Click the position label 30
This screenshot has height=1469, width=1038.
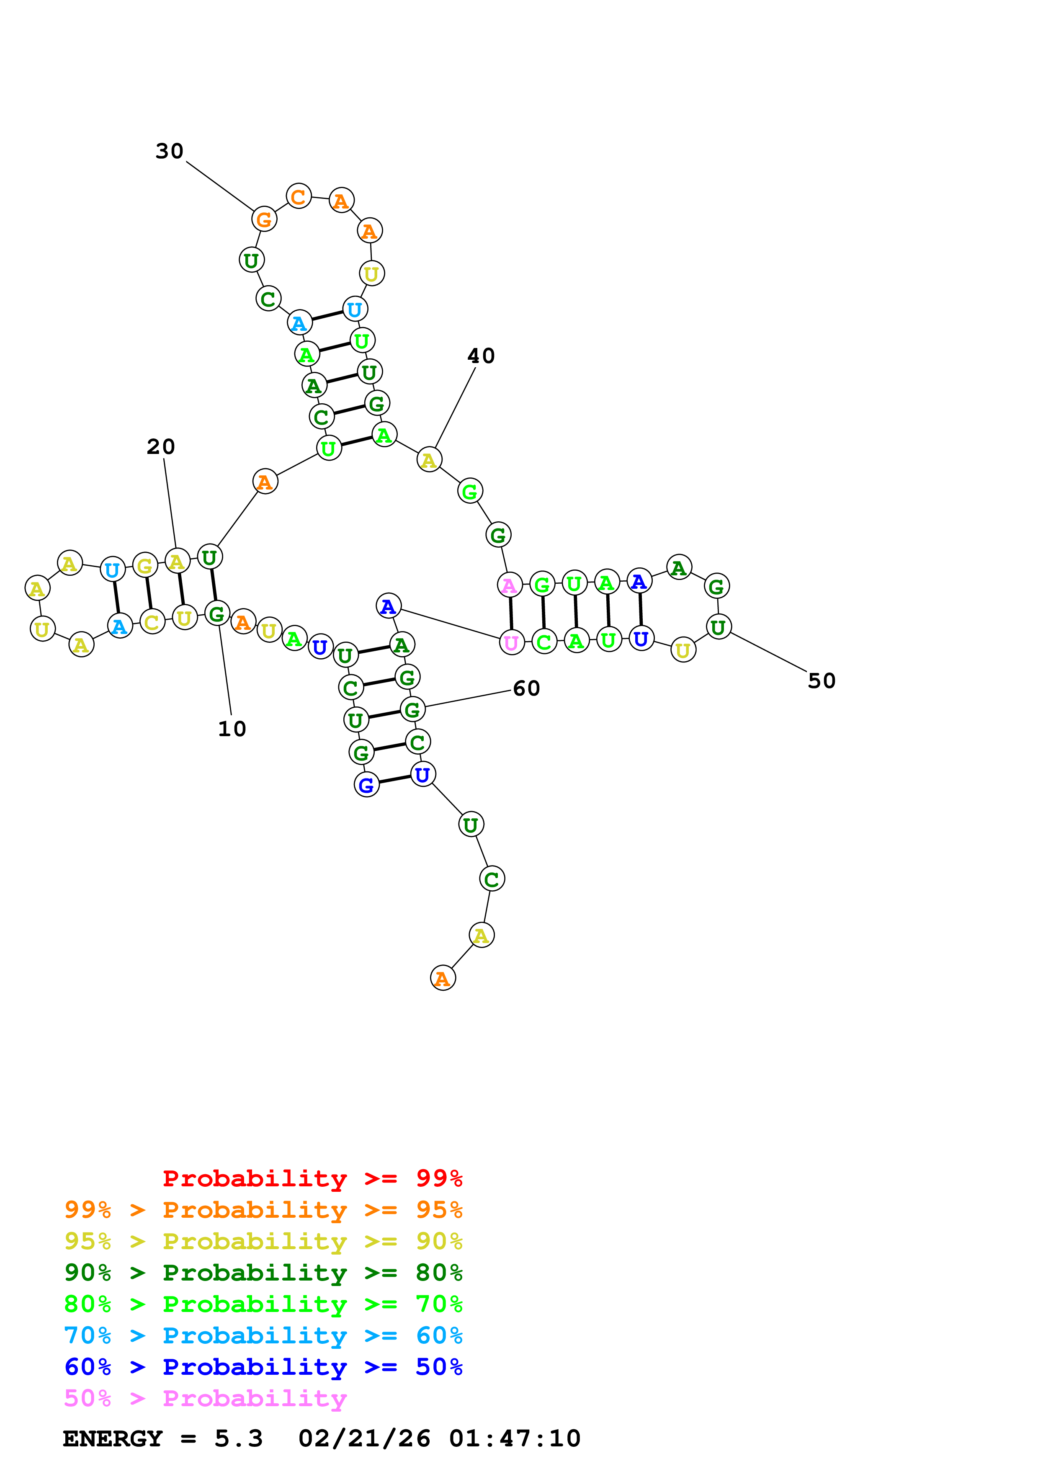pyautogui.click(x=170, y=152)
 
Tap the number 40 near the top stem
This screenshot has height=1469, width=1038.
pyautogui.click(x=481, y=356)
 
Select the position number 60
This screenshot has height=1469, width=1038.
pyautogui.click(x=526, y=688)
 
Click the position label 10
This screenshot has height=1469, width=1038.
pyautogui.click(x=232, y=729)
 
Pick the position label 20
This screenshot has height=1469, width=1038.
pyautogui.click(x=160, y=446)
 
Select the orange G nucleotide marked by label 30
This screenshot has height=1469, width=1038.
pyautogui.click(x=263, y=219)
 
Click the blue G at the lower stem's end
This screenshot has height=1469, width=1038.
pyautogui.click(x=366, y=785)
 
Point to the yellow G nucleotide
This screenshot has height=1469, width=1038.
pyautogui.click(x=145, y=566)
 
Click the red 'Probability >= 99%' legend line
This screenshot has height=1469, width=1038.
pyautogui.click(x=312, y=1178)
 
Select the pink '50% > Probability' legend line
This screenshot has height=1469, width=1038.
pyautogui.click(x=205, y=1398)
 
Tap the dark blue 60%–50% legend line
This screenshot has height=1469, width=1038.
pyautogui.click(x=263, y=1367)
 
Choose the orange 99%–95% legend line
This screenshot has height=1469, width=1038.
pyautogui.click(x=263, y=1210)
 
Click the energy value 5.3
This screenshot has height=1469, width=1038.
pyautogui.click(x=238, y=1439)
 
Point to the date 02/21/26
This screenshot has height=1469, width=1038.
pyautogui.click(x=364, y=1439)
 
